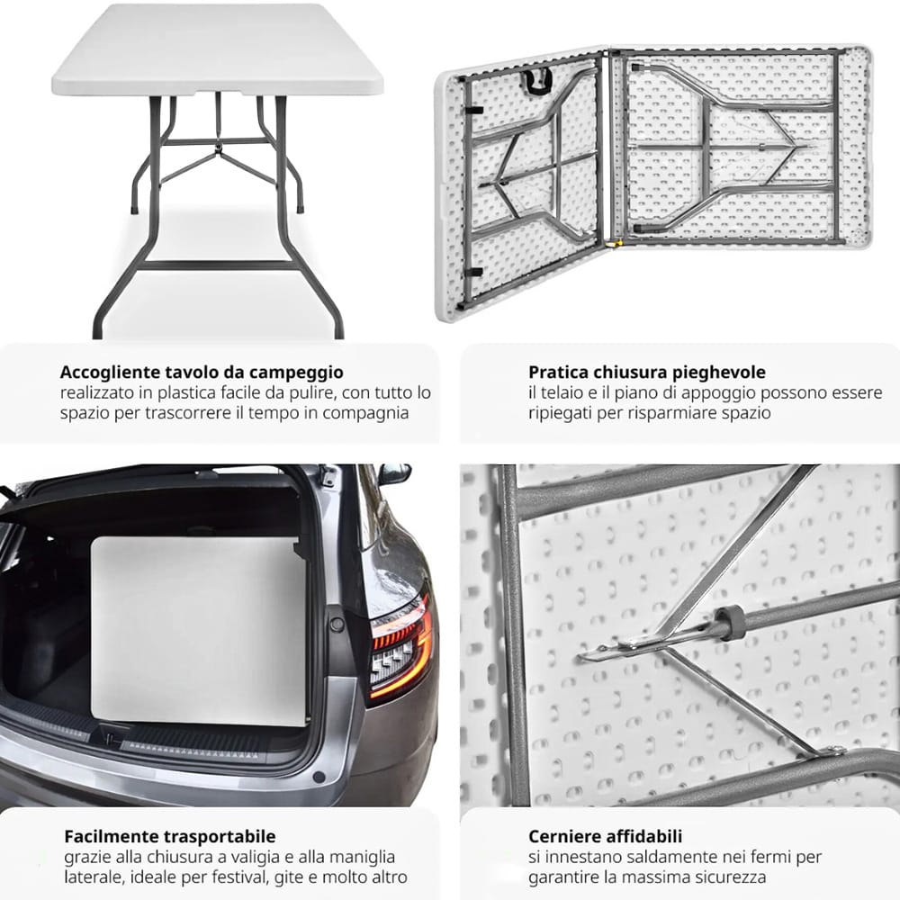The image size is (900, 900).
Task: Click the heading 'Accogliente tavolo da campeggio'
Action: pyautogui.click(x=202, y=372)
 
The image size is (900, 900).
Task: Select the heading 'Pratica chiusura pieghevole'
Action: pyautogui.click(x=647, y=372)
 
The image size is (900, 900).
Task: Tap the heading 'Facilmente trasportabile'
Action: pyautogui.click(x=170, y=837)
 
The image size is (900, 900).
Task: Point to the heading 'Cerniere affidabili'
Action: pyautogui.click(x=605, y=837)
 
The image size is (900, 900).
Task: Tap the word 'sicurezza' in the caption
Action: pyautogui.click(x=729, y=877)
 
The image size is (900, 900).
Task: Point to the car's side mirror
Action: pyautogui.click(x=394, y=473)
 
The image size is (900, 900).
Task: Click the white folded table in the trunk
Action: pyautogui.click(x=198, y=630)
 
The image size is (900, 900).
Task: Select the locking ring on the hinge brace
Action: pyautogui.click(x=730, y=624)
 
